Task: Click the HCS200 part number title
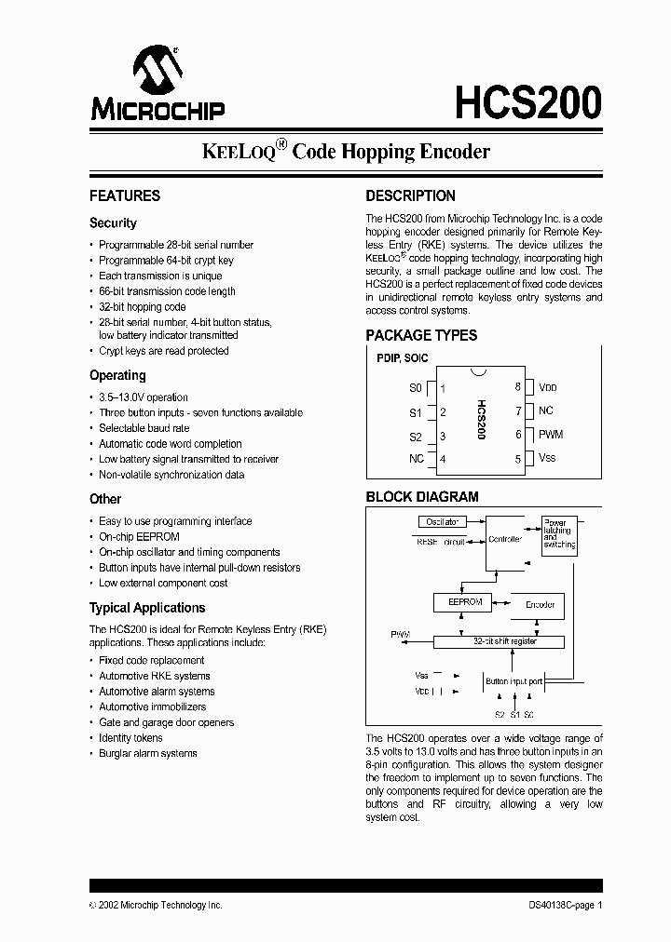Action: (x=527, y=102)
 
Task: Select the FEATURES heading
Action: (x=125, y=195)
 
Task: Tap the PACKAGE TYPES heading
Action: (x=421, y=335)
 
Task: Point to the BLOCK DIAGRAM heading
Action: (x=422, y=497)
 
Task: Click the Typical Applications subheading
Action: (x=147, y=608)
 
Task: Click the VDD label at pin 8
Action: (x=548, y=387)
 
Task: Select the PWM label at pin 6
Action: (x=551, y=435)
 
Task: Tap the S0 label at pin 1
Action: (x=416, y=387)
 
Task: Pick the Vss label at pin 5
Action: (x=547, y=458)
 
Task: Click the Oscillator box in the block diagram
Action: (x=442, y=522)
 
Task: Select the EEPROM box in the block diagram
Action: (x=464, y=603)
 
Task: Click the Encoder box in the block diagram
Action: (x=540, y=605)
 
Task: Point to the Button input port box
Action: (x=514, y=681)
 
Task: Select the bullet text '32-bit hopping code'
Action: (x=143, y=306)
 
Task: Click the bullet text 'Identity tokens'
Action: (x=130, y=738)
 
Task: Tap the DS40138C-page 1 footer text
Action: (x=559, y=905)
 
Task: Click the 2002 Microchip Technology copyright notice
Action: (x=156, y=905)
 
